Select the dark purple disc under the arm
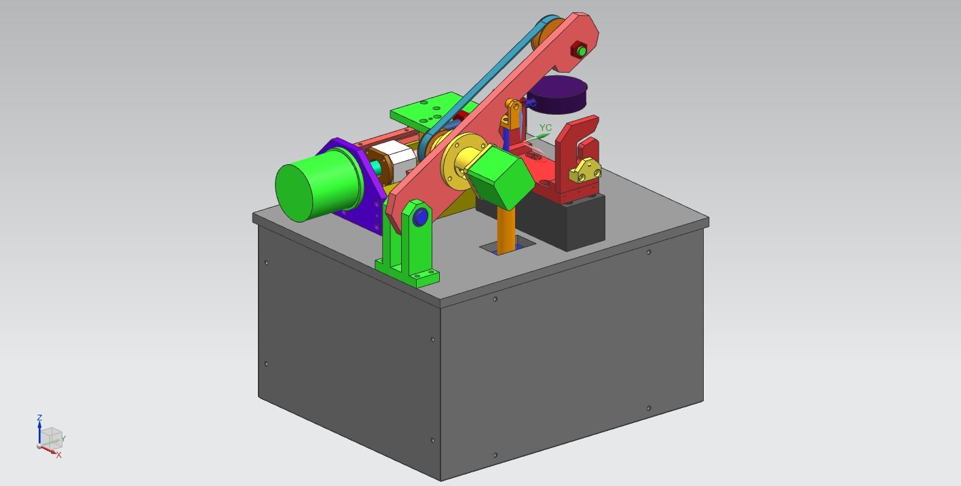pyautogui.click(x=557, y=94)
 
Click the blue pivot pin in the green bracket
pyautogui.click(x=420, y=217)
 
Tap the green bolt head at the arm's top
pyautogui.click(x=582, y=51)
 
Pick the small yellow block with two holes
pyautogui.click(x=585, y=171)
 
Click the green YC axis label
pyautogui.click(x=545, y=128)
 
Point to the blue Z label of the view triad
pyautogui.click(x=39, y=417)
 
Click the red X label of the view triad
pyautogui.click(x=59, y=455)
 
